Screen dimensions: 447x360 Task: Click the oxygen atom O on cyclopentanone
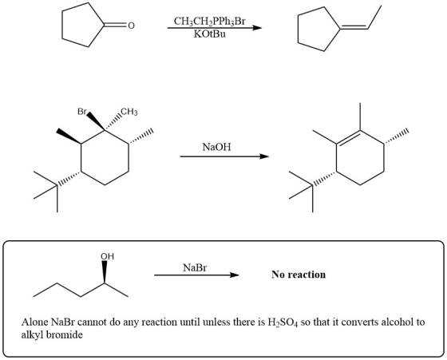point(131,26)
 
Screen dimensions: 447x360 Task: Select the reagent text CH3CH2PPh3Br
point(209,22)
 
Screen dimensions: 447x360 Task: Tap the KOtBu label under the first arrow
point(209,34)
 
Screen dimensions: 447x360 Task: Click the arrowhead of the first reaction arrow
point(257,28)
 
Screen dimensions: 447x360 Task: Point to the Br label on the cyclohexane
point(81,112)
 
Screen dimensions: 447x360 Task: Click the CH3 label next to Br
point(129,112)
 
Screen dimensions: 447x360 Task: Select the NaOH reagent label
point(216,147)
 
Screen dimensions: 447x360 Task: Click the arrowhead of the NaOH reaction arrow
point(264,156)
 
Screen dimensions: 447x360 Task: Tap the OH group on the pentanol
point(107,256)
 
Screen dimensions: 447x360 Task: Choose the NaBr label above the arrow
point(195,267)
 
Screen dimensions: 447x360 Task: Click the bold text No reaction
point(299,275)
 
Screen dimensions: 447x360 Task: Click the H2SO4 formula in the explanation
point(283,322)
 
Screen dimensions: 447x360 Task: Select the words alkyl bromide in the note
point(52,334)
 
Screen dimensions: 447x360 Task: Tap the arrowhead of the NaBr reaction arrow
point(235,275)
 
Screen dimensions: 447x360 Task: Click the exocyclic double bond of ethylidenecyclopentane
point(354,28)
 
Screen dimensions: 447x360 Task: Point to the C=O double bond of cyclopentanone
point(115,25)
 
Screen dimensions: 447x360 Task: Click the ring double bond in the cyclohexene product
point(348,137)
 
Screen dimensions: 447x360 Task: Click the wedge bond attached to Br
point(96,121)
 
